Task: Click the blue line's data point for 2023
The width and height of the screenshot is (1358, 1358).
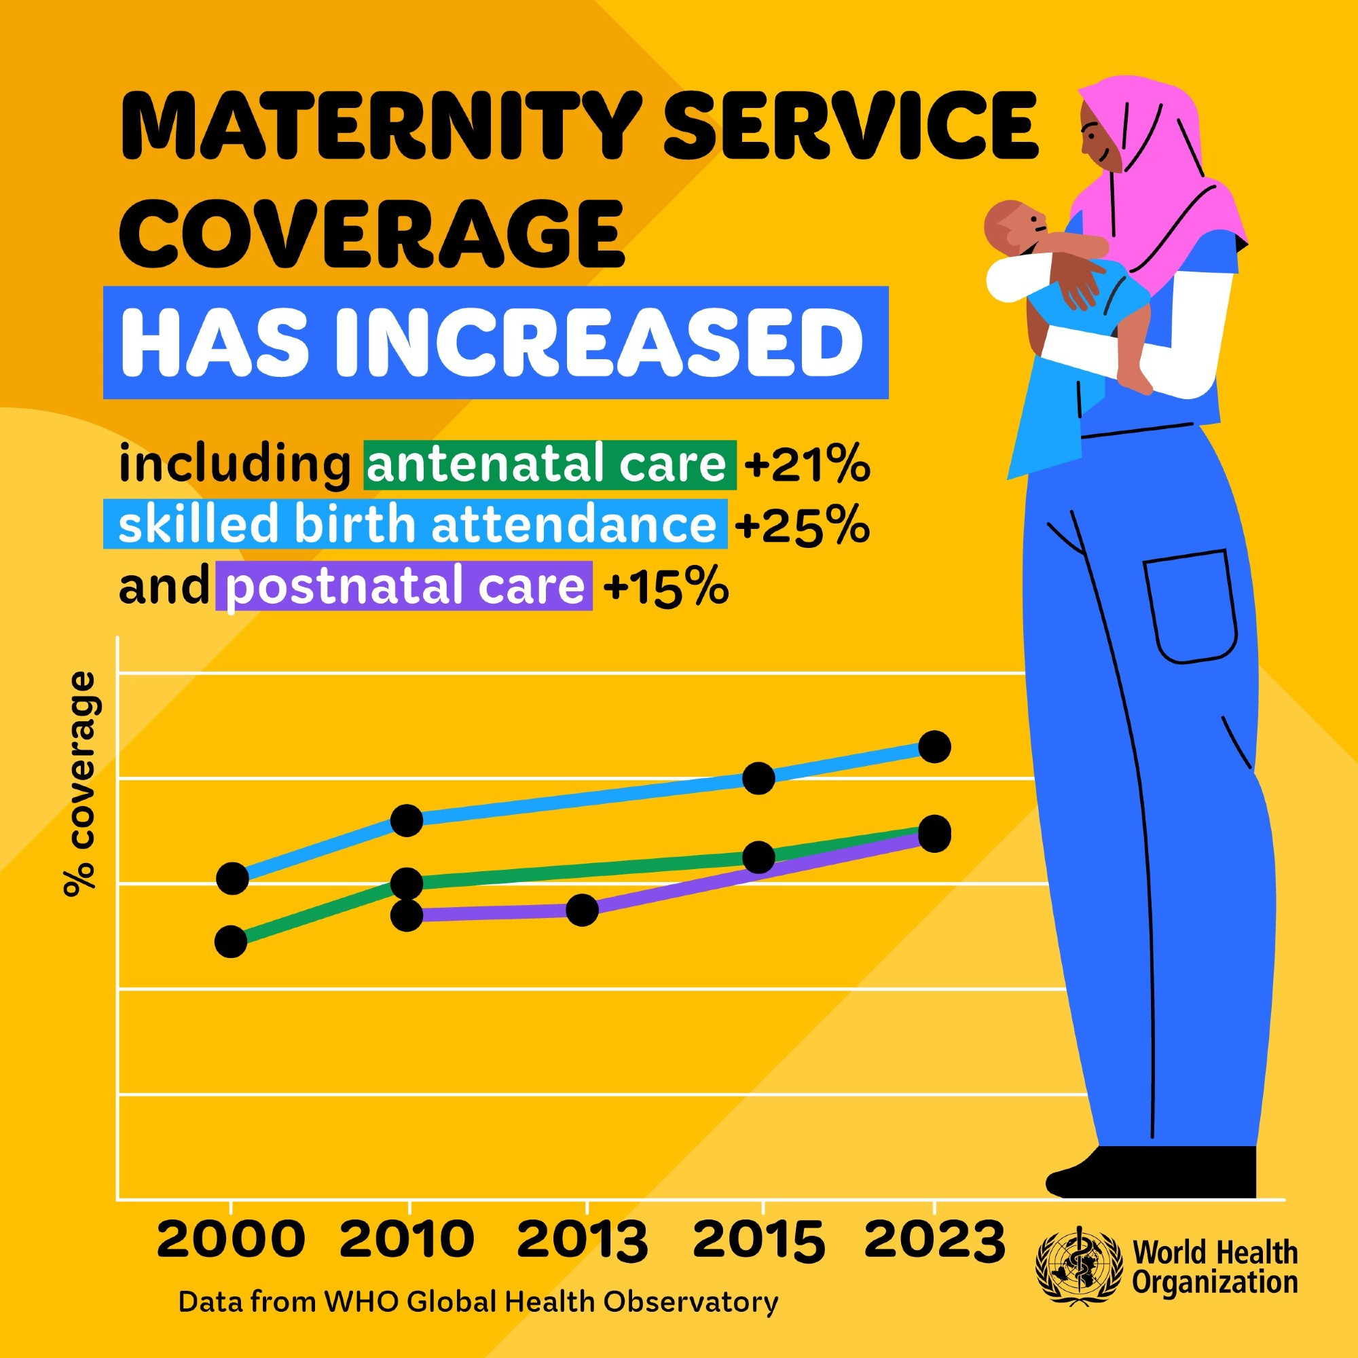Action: pyautogui.click(x=934, y=746)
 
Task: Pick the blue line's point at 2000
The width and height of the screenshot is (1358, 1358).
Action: pyautogui.click(x=232, y=879)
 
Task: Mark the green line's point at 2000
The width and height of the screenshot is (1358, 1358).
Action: pyautogui.click(x=231, y=941)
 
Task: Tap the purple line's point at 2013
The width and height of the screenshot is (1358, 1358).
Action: pyautogui.click(x=582, y=911)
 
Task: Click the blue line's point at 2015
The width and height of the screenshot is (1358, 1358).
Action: pyautogui.click(x=758, y=778)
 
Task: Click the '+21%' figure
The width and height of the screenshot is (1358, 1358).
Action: pyautogui.click(x=807, y=464)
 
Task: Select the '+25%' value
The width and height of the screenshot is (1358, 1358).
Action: pyautogui.click(x=802, y=526)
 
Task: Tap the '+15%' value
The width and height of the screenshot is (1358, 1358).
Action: pyautogui.click(x=665, y=586)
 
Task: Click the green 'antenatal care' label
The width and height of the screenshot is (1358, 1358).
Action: pyautogui.click(x=550, y=464)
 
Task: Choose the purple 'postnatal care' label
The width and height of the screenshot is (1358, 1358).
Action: pyautogui.click(x=404, y=586)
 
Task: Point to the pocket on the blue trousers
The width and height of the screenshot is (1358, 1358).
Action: pyautogui.click(x=1190, y=606)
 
